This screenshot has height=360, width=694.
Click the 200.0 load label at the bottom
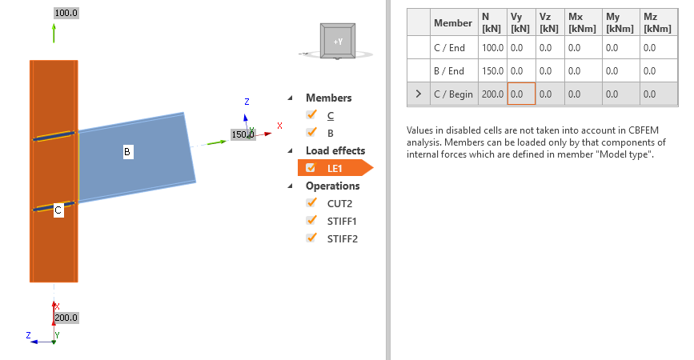[67, 318]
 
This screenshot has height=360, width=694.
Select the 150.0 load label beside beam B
[243, 134]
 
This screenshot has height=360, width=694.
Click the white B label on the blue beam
[126, 150]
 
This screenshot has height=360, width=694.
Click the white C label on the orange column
[58, 211]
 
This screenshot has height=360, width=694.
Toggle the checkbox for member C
[311, 115]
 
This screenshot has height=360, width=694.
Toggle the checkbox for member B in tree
[311, 133]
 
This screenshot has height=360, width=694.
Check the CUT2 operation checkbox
[311, 203]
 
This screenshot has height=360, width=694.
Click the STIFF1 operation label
[342, 221]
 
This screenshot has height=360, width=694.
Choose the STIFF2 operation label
[342, 238]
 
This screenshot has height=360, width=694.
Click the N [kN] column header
[491, 22]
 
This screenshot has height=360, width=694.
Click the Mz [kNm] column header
[656, 22]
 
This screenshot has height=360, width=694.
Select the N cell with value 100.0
[491, 47]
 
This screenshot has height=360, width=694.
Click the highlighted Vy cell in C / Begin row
[520, 94]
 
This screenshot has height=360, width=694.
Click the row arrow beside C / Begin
[418, 94]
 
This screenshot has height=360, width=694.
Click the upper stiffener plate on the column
[54, 136]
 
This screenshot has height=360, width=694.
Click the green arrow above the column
[54, 33]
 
